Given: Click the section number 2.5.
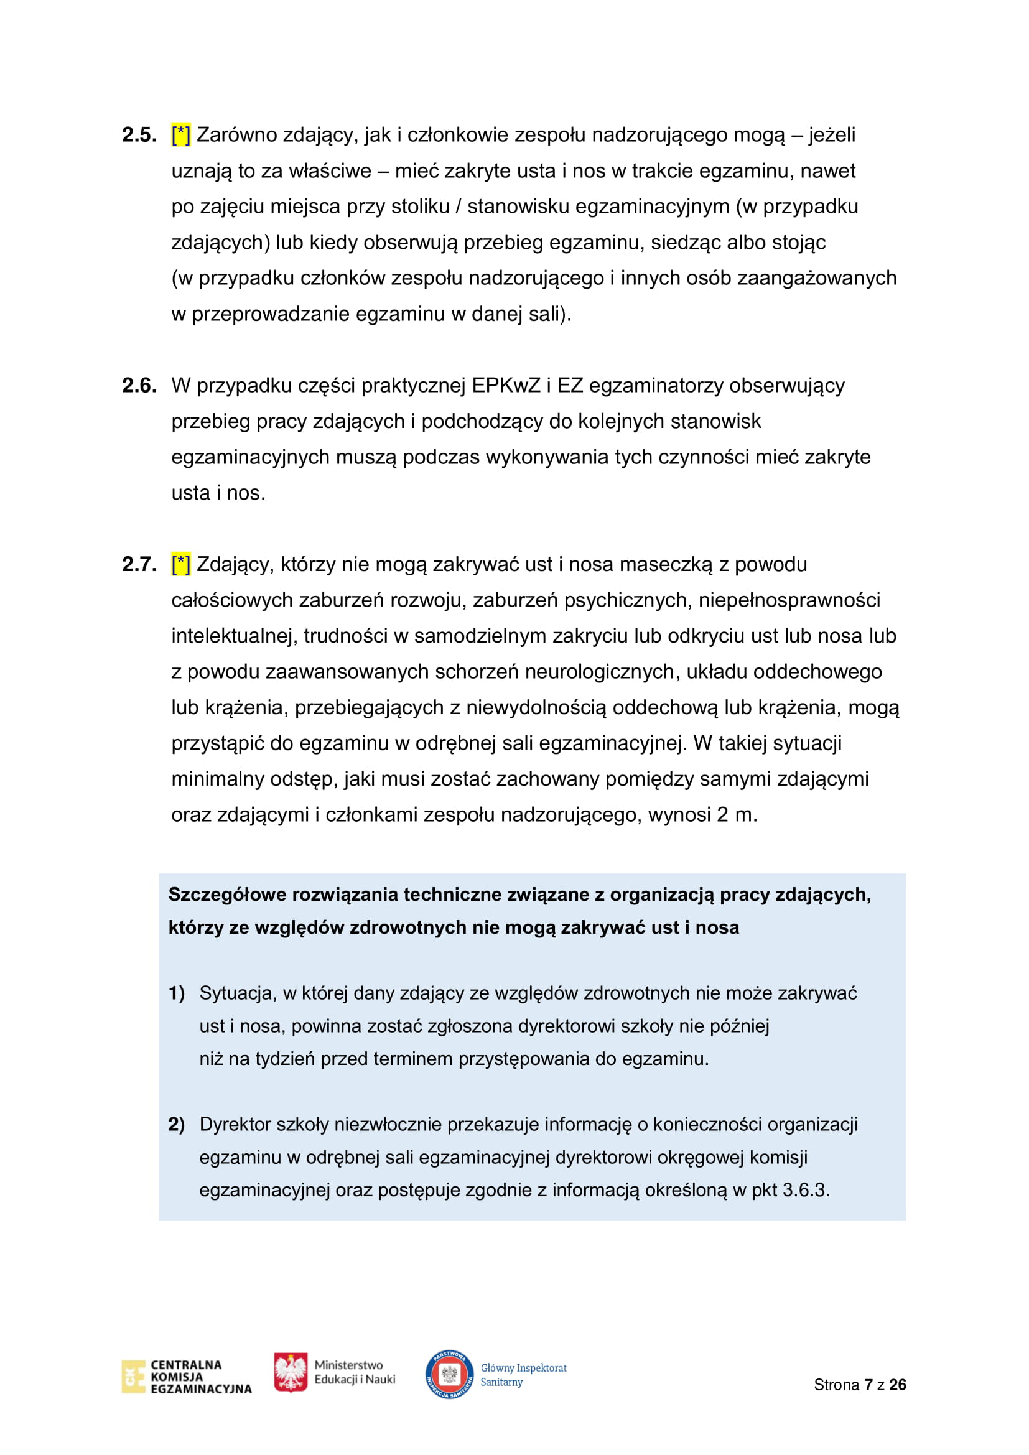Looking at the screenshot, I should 139,135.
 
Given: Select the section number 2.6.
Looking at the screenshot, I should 139,385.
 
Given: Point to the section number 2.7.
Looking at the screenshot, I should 139,564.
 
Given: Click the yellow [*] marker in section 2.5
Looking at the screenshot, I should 180,135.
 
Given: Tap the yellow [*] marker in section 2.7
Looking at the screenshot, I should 180,564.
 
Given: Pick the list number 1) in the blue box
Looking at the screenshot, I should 176,993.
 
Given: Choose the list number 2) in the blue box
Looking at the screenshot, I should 176,1124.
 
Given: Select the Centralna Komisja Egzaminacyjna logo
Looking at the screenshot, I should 186,1377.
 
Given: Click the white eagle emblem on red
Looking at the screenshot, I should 290,1372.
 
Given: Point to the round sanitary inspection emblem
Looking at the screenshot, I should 449,1374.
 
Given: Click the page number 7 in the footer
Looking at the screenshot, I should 868,1385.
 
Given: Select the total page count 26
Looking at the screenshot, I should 897,1385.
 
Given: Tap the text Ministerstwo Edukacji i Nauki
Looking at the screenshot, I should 354,1372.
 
